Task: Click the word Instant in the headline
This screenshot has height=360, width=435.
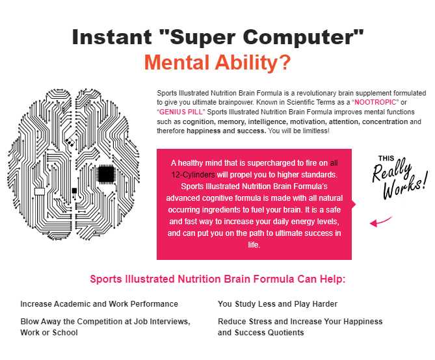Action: coord(112,37)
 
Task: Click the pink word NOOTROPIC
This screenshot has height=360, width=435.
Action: coord(375,102)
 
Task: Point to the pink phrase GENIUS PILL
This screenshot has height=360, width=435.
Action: coord(181,112)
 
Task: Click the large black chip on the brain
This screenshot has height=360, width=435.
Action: coord(106,174)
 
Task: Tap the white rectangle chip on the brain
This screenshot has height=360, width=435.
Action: coord(40,192)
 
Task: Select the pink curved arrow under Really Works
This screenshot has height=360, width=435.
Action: coord(380,221)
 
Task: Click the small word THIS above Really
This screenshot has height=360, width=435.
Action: coord(386,159)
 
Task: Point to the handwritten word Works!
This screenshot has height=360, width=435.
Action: coord(405,186)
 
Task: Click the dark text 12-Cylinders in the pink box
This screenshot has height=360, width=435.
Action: coord(193,175)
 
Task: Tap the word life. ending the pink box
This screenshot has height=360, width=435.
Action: coord(254,244)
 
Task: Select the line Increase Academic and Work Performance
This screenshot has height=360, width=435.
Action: coord(99,304)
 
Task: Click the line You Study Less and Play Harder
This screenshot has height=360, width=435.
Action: coord(278,304)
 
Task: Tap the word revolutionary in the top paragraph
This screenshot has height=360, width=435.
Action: coord(304,93)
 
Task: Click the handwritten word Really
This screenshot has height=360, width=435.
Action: coord(391,170)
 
